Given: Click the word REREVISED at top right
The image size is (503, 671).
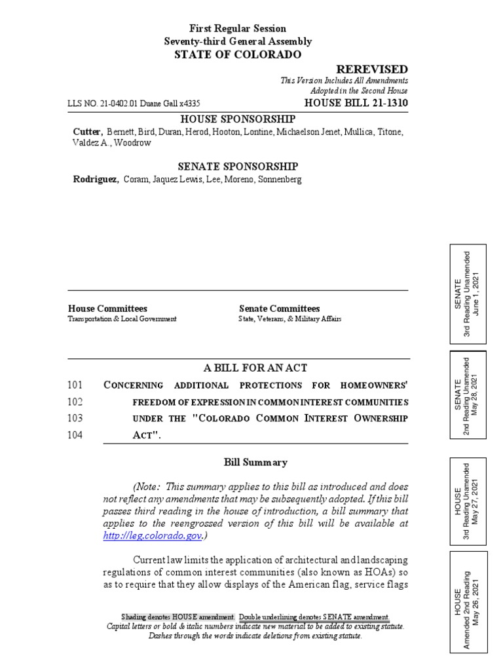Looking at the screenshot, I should (372, 69).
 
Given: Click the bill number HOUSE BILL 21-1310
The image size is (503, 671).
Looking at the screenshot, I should (356, 104).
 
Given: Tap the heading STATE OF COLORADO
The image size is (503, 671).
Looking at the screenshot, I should (238, 54).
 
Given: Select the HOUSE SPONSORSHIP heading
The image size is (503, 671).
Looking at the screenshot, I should (238, 119).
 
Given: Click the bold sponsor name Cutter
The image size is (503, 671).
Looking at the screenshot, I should (87, 132).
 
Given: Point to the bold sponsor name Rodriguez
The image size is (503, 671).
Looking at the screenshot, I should (95, 179).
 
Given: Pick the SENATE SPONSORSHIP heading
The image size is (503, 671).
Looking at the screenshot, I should (238, 166).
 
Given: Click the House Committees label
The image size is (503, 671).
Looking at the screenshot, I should (107, 309).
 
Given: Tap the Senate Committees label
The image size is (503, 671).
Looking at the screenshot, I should (279, 309).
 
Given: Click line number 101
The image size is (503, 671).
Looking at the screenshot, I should (75, 385).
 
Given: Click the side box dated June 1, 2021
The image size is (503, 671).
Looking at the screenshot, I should (468, 294).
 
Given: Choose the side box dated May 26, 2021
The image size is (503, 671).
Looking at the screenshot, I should (468, 602).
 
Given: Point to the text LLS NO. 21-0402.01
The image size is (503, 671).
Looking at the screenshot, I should (105, 104).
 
